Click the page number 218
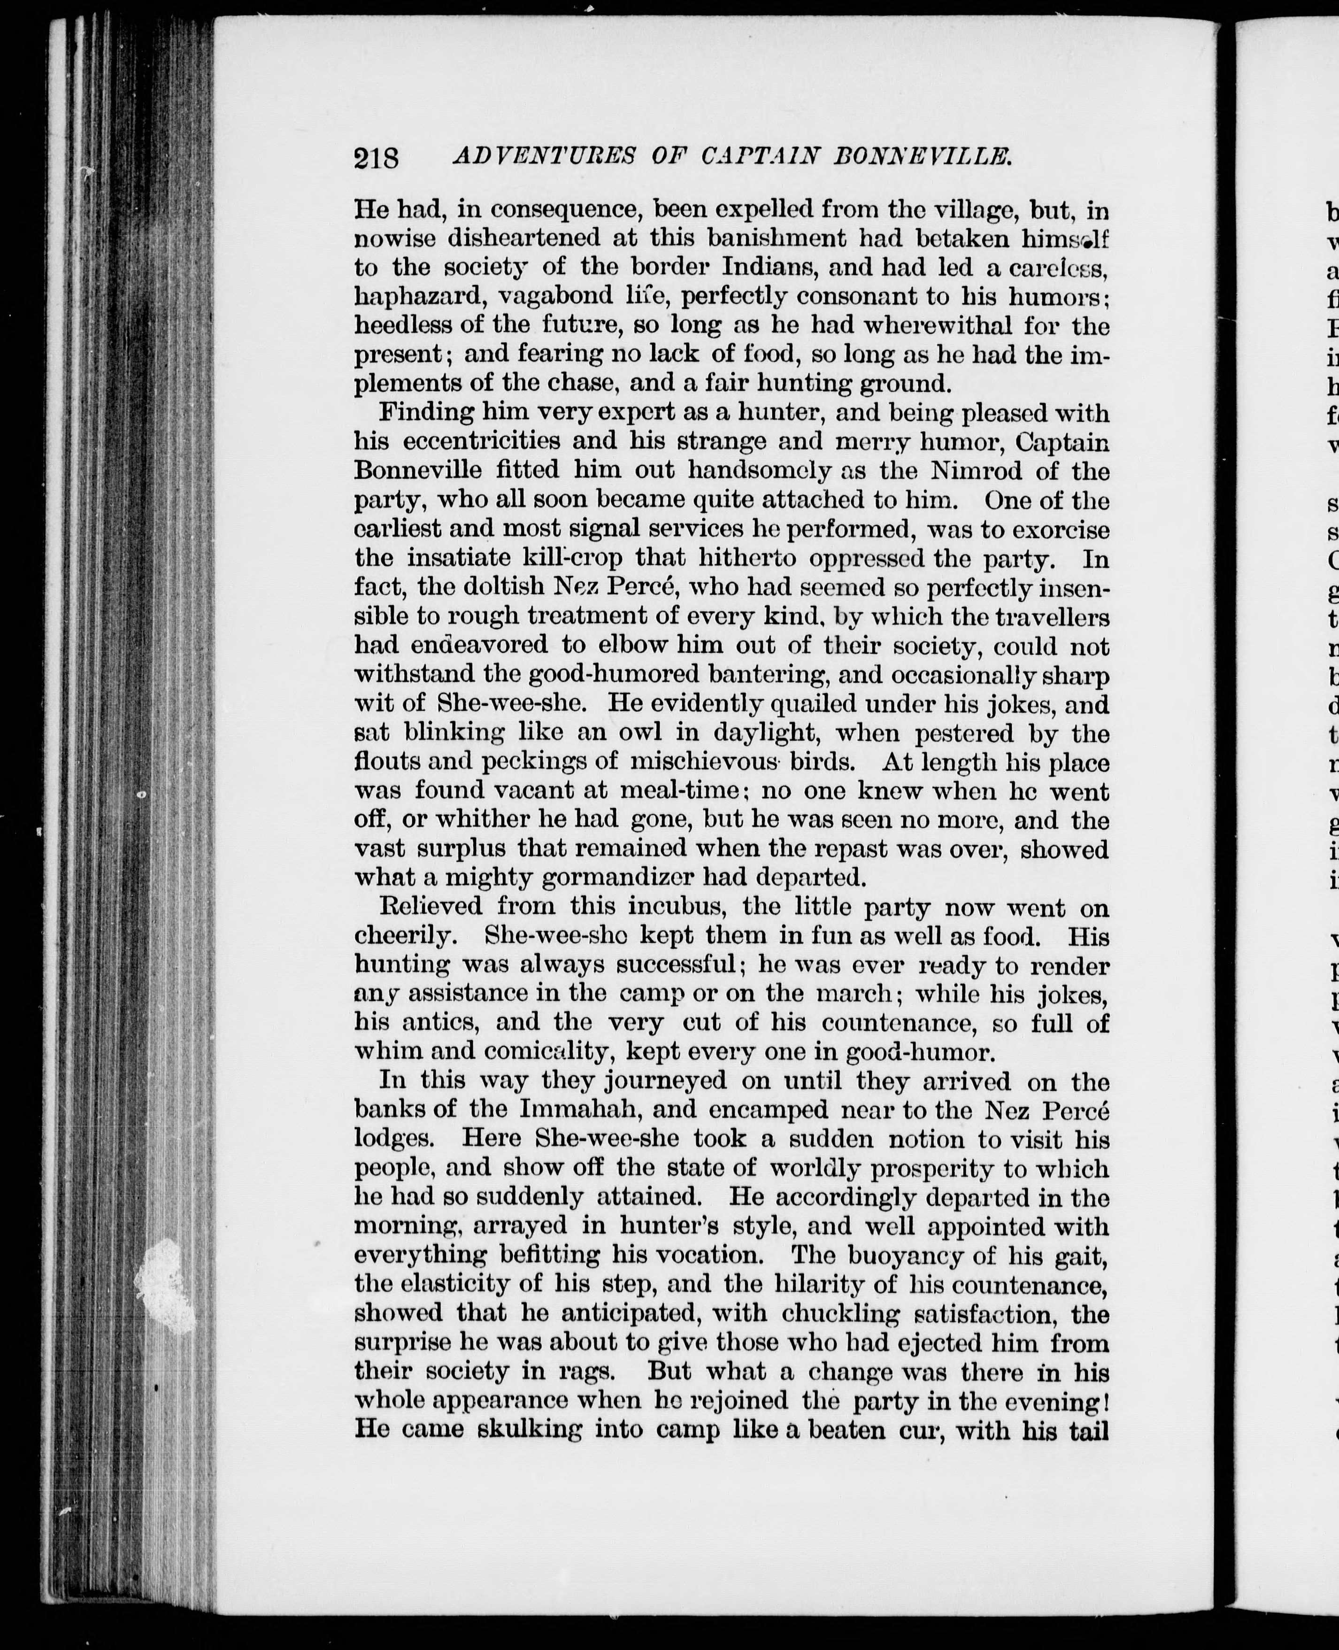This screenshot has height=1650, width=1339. pos(377,158)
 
